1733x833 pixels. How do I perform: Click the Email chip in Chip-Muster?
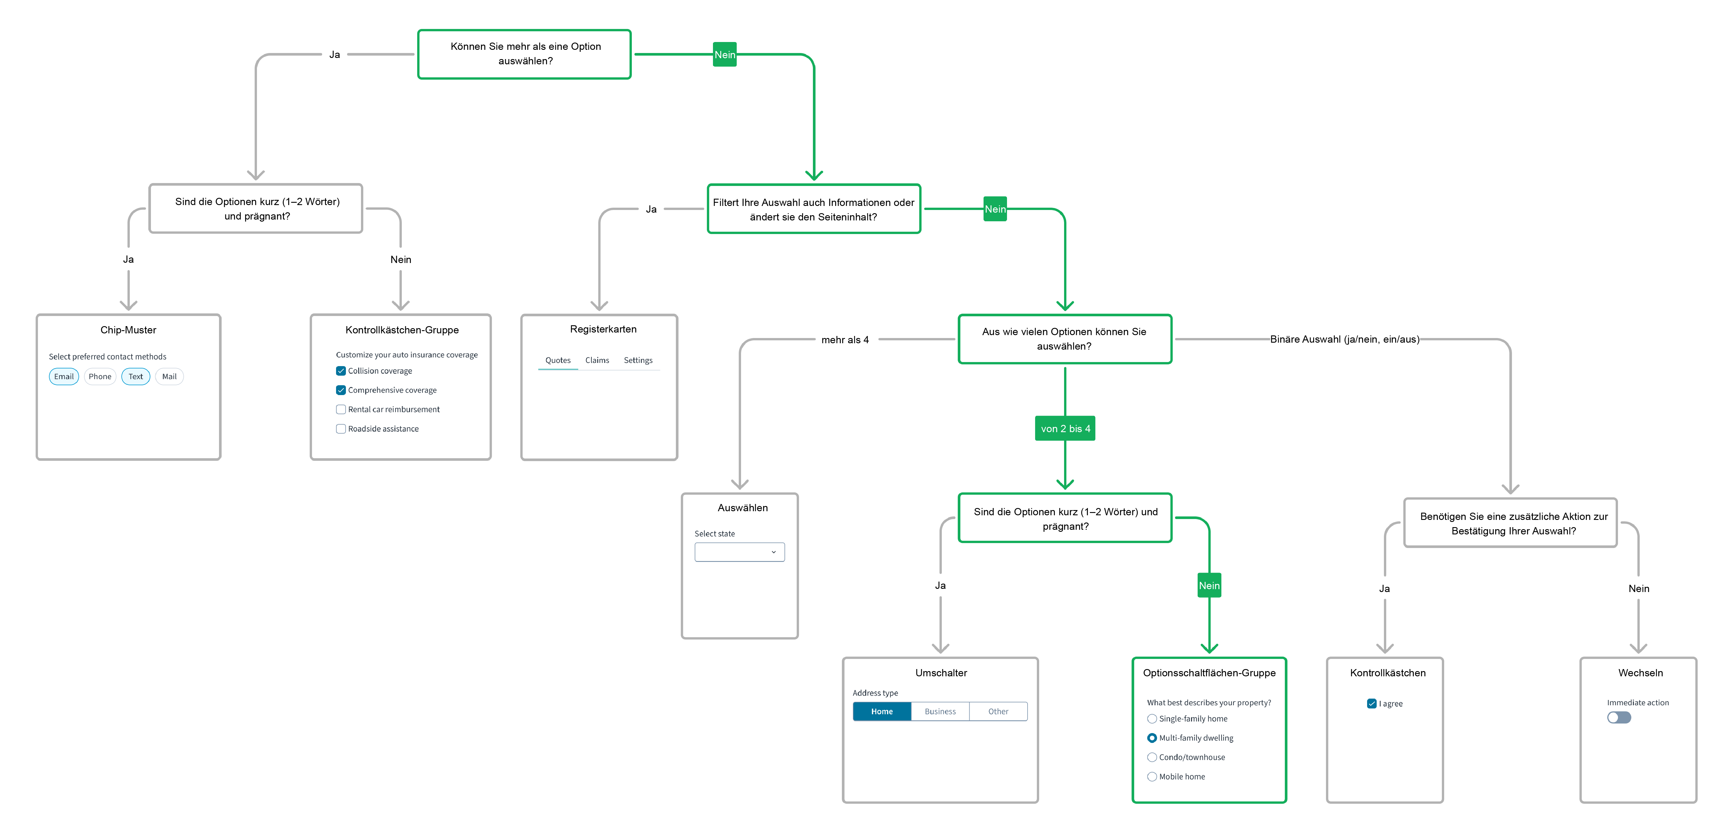pyautogui.click(x=64, y=377)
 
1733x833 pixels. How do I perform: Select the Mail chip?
pyautogui.click(x=169, y=377)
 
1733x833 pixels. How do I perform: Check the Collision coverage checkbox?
pyautogui.click(x=341, y=371)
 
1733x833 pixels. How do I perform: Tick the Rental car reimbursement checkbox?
pyautogui.click(x=341, y=409)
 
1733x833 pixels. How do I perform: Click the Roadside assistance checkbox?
pyautogui.click(x=341, y=429)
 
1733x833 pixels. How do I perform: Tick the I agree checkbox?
pyautogui.click(x=1372, y=704)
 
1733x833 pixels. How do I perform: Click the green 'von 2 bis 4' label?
pyautogui.click(x=1065, y=429)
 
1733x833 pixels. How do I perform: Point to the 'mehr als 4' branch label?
pyautogui.click(x=845, y=340)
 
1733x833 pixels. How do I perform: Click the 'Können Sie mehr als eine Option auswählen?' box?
pyautogui.click(x=525, y=54)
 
